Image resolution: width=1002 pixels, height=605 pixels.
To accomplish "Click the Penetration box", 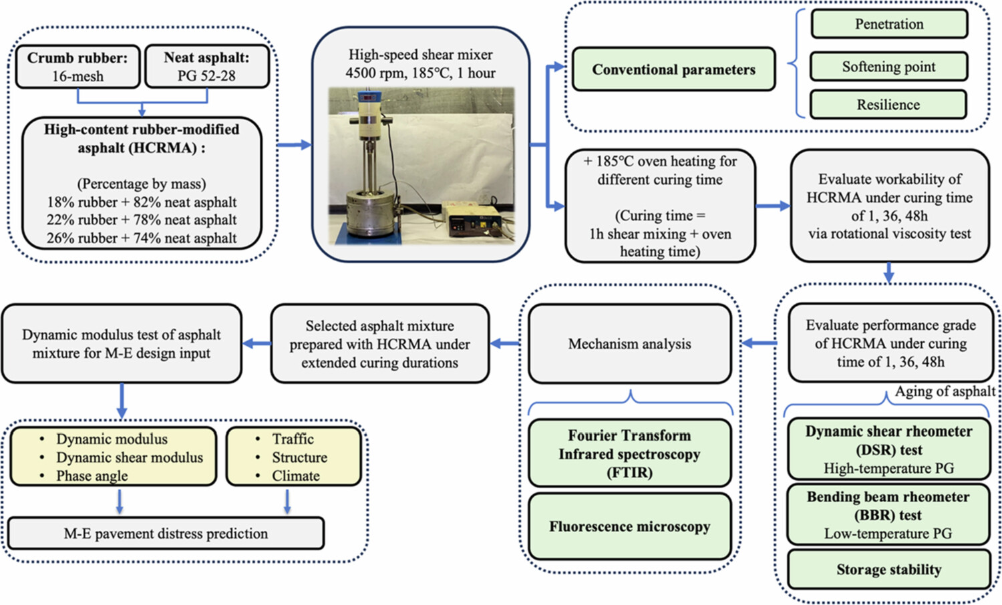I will tap(889, 24).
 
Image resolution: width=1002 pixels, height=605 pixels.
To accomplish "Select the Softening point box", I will tap(888, 67).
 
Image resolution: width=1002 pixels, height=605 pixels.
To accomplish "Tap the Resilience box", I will tap(888, 105).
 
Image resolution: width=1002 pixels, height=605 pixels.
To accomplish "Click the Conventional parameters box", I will tap(673, 69).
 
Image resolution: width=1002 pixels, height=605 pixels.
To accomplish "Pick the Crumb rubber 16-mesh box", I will tap(77, 67).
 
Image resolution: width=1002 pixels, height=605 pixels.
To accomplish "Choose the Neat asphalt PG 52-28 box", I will tap(206, 67).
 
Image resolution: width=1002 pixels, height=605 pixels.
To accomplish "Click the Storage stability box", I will tap(888, 570).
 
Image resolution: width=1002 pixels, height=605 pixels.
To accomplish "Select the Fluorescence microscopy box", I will tap(629, 527).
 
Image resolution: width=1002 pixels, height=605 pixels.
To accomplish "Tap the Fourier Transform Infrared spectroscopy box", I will tap(629, 454).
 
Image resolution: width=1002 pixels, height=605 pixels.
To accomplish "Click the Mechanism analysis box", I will tap(629, 344).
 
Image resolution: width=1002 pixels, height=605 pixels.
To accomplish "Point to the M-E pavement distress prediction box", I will tap(166, 534).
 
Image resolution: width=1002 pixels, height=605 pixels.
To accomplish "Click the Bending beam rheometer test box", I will tap(888, 515).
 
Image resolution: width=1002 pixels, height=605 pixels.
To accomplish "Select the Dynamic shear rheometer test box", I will tap(888, 449).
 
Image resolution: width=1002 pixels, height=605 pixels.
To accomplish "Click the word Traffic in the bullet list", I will tap(293, 439).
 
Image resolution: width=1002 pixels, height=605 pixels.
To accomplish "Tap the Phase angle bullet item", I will tap(92, 475).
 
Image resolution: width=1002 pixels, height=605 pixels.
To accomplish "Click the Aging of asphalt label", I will tap(945, 391).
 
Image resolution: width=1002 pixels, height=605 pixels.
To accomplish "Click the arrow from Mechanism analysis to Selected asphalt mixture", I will tap(505, 344).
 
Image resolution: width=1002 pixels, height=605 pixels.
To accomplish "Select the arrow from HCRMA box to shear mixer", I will tap(294, 145).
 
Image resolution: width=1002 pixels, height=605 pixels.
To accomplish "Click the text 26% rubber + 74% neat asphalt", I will tap(142, 238).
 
